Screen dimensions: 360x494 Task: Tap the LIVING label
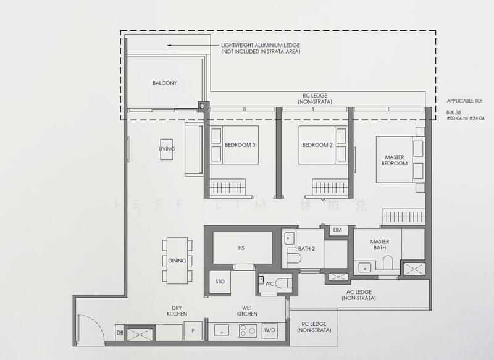[x=166, y=149]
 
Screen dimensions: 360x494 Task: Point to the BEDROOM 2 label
[x=317, y=145]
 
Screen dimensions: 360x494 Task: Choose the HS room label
[x=241, y=247]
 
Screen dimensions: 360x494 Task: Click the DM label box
[x=337, y=230]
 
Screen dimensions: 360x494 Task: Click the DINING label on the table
[x=177, y=261]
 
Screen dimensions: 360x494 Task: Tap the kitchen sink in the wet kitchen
[x=222, y=331]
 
